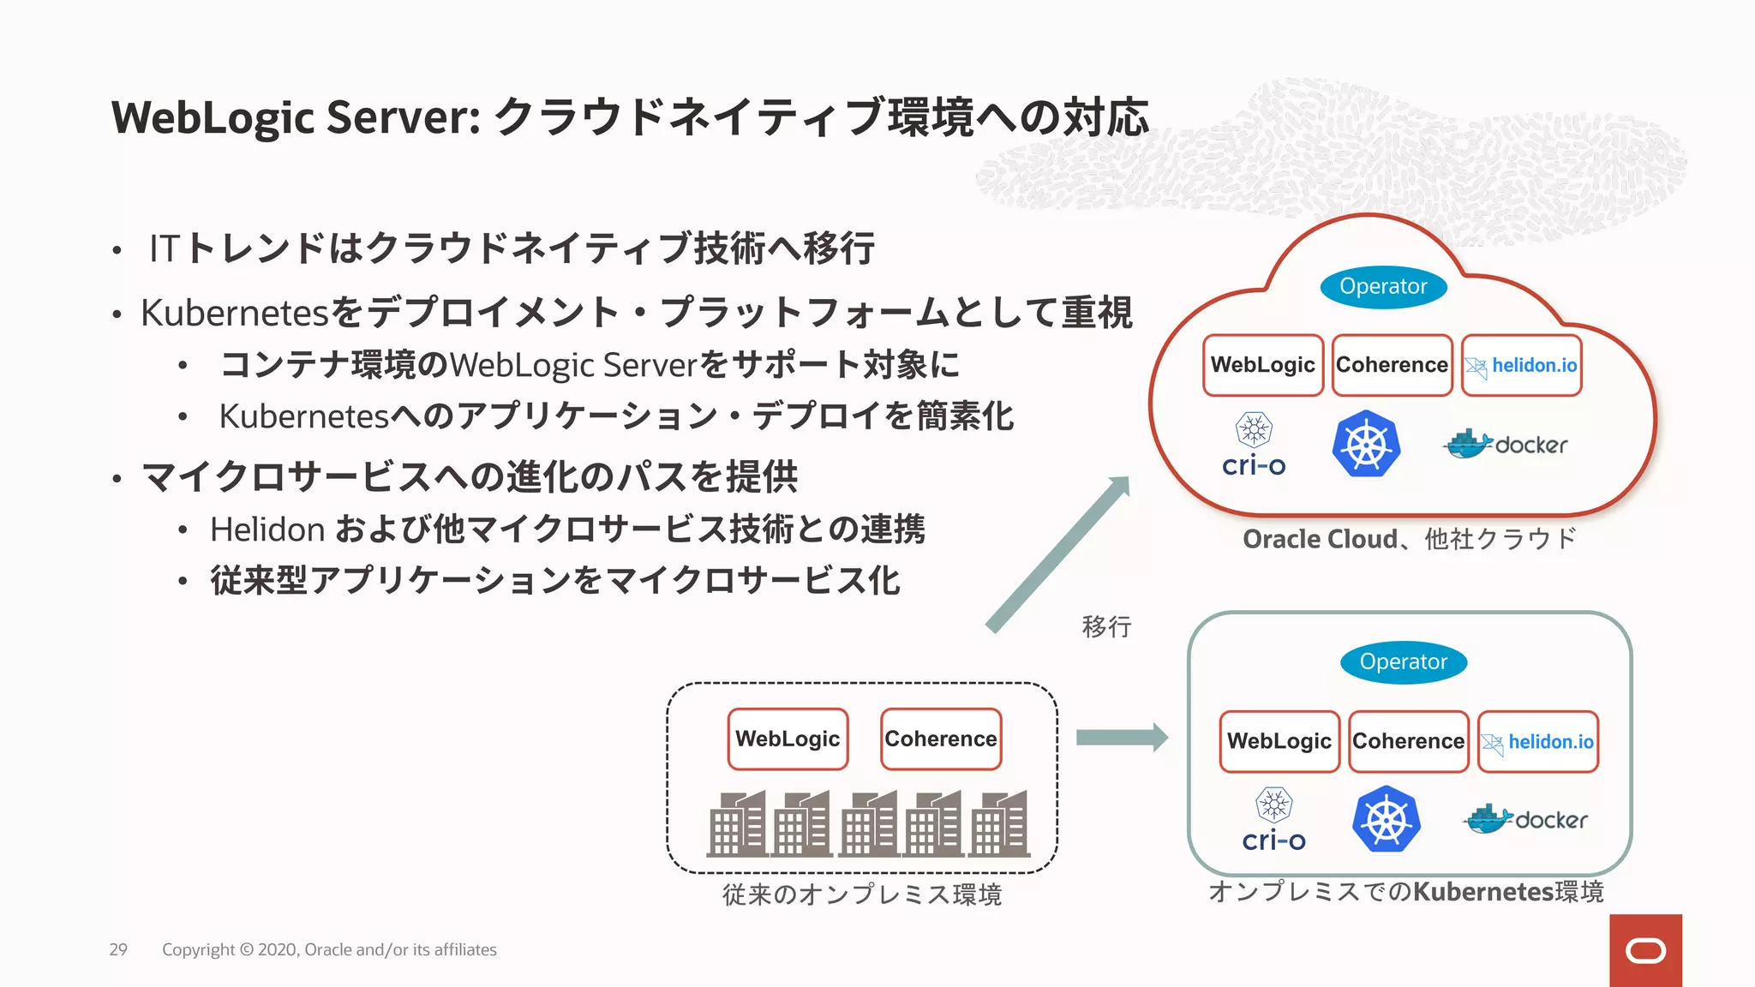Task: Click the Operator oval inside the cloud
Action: pyautogui.click(x=1383, y=287)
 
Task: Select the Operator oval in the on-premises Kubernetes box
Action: pyautogui.click(x=1403, y=662)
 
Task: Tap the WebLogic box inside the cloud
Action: pyautogui.click(x=1262, y=365)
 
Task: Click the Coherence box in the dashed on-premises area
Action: pyautogui.click(x=940, y=739)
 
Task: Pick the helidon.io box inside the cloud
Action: pyautogui.click(x=1521, y=366)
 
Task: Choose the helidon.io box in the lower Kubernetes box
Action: pyautogui.click(x=1538, y=742)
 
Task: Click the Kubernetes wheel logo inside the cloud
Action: pyautogui.click(x=1366, y=445)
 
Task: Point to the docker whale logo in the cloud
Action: pyautogui.click(x=1469, y=444)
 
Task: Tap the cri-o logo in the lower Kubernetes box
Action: pyautogui.click(x=1273, y=820)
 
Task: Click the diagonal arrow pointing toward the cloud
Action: pyautogui.click(x=1059, y=554)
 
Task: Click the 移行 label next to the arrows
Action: pyautogui.click(x=1106, y=627)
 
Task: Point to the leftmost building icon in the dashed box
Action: pyautogui.click(x=737, y=824)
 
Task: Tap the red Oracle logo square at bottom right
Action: pyautogui.click(x=1645, y=950)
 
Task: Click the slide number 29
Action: pyautogui.click(x=118, y=949)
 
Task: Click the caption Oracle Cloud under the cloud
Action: pyautogui.click(x=1320, y=539)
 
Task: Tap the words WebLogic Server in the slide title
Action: pyautogui.click(x=296, y=117)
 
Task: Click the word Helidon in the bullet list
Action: pyautogui.click(x=267, y=529)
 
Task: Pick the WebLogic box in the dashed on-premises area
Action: pyautogui.click(x=788, y=739)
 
